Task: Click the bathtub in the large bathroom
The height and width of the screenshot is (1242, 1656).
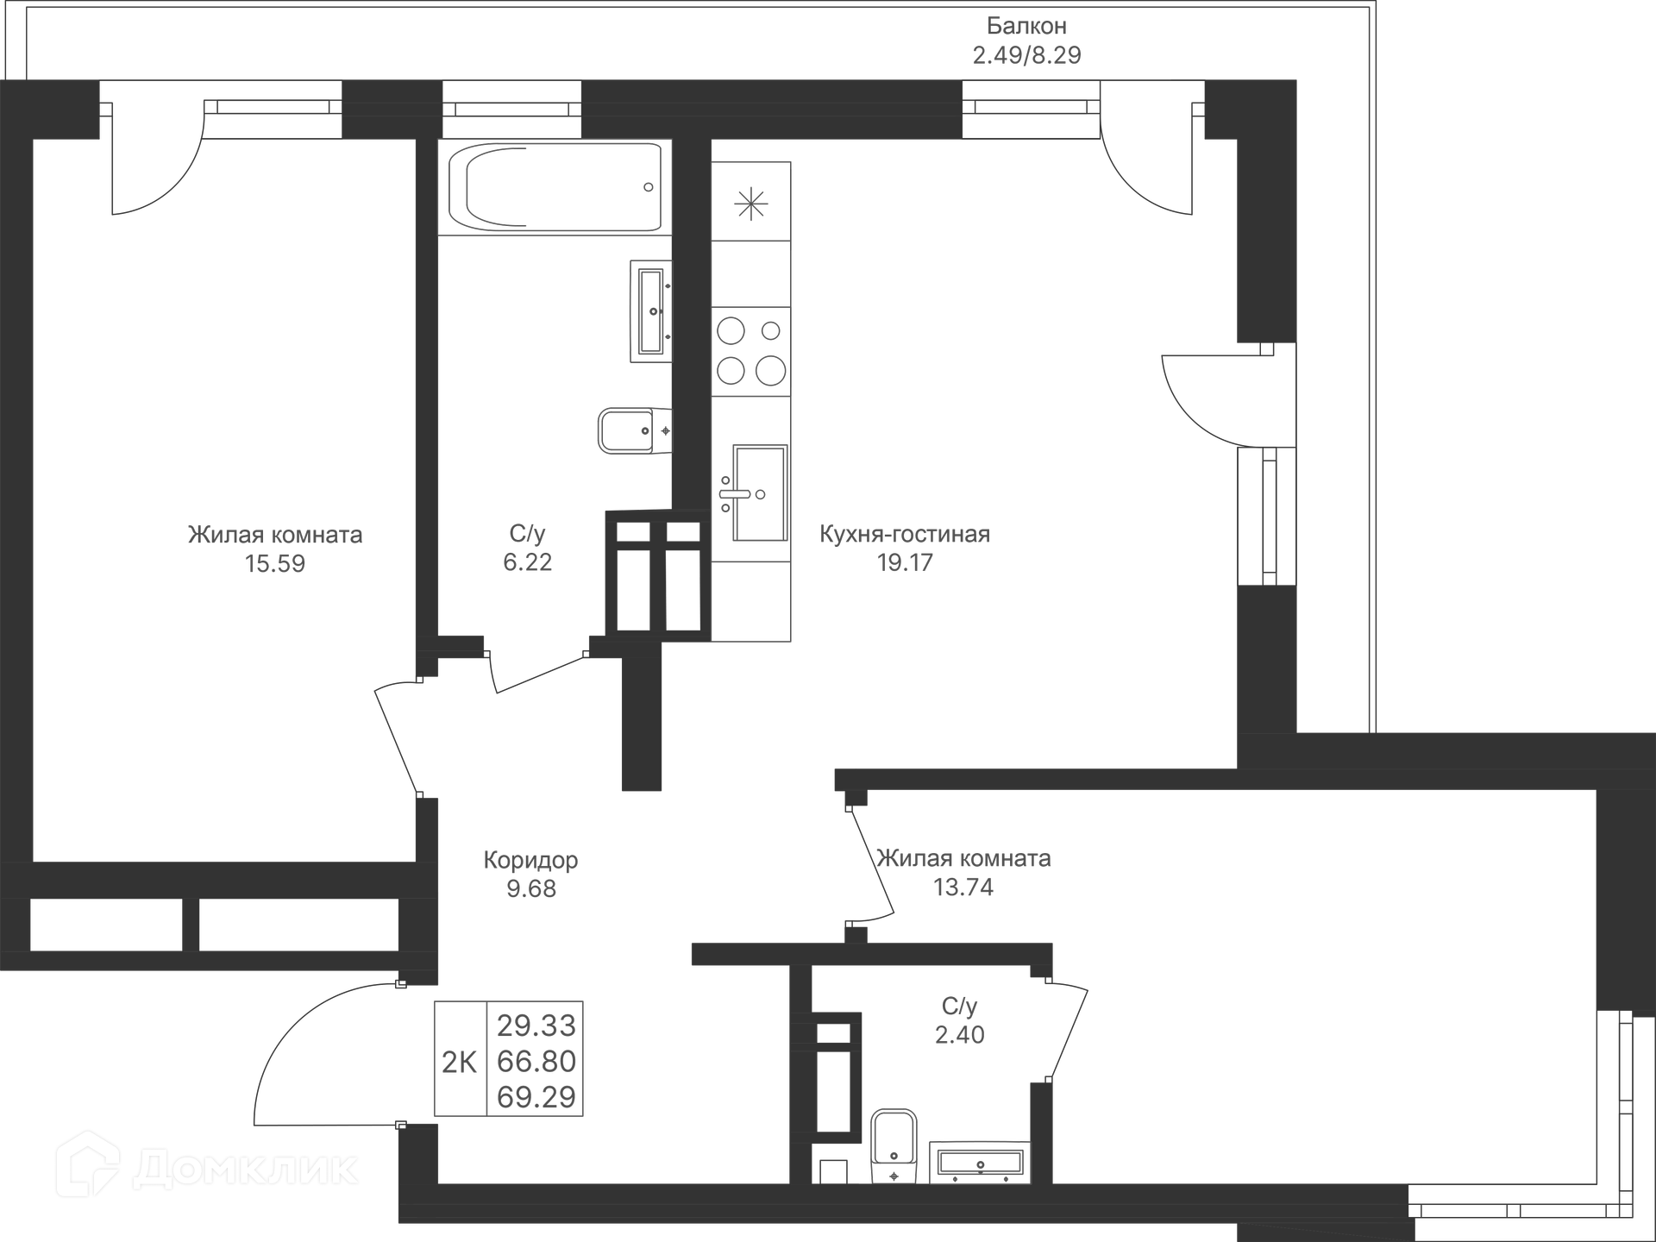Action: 555,187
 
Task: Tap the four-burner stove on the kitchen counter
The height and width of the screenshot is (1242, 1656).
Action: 750,352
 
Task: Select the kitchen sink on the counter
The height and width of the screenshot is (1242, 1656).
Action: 759,493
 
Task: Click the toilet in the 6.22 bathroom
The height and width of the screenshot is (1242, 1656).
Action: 634,430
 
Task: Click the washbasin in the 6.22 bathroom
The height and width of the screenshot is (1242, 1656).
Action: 651,310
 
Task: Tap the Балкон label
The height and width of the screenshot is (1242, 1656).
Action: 1026,26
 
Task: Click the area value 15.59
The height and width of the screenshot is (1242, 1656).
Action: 274,564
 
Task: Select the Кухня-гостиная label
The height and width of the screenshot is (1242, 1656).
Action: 904,535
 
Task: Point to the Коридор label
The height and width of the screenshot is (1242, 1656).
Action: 530,860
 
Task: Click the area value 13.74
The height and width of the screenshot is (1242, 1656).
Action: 963,888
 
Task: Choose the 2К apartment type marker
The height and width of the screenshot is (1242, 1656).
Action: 459,1063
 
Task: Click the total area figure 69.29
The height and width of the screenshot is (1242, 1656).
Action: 536,1097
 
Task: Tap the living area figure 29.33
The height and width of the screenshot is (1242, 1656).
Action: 536,1026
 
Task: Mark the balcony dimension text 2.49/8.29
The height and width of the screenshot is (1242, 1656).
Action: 1026,55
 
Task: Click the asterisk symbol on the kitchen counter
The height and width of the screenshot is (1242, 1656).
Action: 750,204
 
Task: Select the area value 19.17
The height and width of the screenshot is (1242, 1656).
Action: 904,563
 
